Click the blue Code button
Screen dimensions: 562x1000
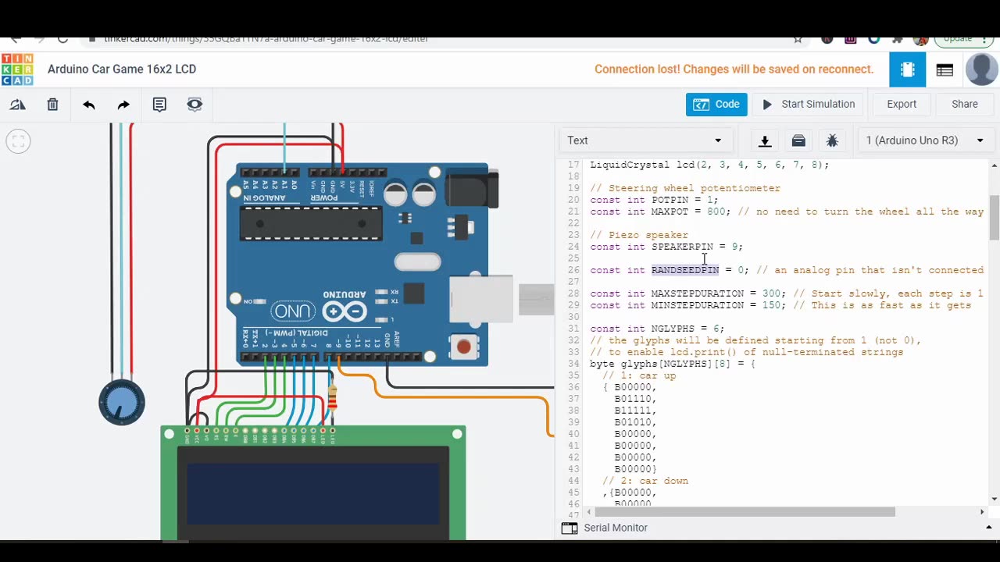tap(716, 105)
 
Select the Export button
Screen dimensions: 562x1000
tap(901, 105)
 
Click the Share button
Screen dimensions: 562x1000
tap(964, 105)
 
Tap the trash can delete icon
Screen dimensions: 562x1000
tap(52, 105)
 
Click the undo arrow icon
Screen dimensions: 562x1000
tap(89, 105)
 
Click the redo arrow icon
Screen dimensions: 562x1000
tap(123, 105)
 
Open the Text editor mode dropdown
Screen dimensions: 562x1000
tap(645, 140)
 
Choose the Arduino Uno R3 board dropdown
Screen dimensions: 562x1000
tap(924, 140)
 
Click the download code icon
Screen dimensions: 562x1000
tap(765, 140)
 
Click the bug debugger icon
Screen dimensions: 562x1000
tap(832, 140)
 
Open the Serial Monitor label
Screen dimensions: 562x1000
tap(616, 528)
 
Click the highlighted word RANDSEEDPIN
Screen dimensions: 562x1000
tap(685, 270)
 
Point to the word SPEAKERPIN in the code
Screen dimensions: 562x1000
tap(682, 247)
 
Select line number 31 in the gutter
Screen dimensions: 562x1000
tap(573, 329)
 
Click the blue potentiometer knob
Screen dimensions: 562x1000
tap(122, 403)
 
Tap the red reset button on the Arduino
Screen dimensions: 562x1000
tap(464, 346)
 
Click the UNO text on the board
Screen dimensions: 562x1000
tap(293, 312)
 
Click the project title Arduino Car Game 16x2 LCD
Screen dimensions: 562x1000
tap(122, 69)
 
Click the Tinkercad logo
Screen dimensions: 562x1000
tap(17, 69)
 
